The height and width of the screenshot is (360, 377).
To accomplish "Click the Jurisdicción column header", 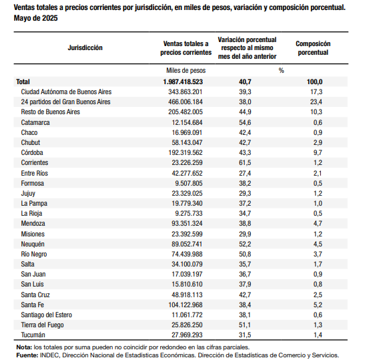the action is pos(85,47).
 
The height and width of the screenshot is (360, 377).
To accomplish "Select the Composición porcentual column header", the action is pos(313,48).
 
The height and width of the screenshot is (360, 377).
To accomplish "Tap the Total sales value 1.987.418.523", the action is pos(183,81).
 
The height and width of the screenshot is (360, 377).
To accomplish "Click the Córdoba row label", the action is pos(32,152).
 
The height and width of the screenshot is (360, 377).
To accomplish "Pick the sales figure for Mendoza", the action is pos(187,223).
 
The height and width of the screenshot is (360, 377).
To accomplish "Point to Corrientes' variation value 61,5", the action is pos(245,163).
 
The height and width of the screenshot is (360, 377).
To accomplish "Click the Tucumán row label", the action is pos(33,335).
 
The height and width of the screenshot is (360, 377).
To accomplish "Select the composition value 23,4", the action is pos(316,102).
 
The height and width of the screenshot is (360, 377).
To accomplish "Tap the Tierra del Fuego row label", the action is pos(42,325).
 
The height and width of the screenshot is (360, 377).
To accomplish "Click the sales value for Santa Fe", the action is pos(185,305).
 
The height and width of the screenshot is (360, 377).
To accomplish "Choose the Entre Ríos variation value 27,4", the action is pos(245,173).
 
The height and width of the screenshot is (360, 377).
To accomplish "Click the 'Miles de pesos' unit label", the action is pos(186,71).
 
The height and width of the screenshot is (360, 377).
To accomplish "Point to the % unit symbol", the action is pos(282,71).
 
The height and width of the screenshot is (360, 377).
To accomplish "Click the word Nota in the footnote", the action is pos(24,347).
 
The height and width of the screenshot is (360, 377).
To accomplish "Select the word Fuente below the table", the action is pos(27,355).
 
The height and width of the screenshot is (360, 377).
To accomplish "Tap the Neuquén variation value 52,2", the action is pos(245,244).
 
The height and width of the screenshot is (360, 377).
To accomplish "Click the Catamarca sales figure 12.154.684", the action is pos(187,122).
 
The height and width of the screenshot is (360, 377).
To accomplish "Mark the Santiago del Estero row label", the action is pos(47,315).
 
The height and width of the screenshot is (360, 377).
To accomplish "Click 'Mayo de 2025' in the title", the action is pos(35,18).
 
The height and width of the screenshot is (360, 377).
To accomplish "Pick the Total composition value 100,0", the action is pos(315,81).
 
